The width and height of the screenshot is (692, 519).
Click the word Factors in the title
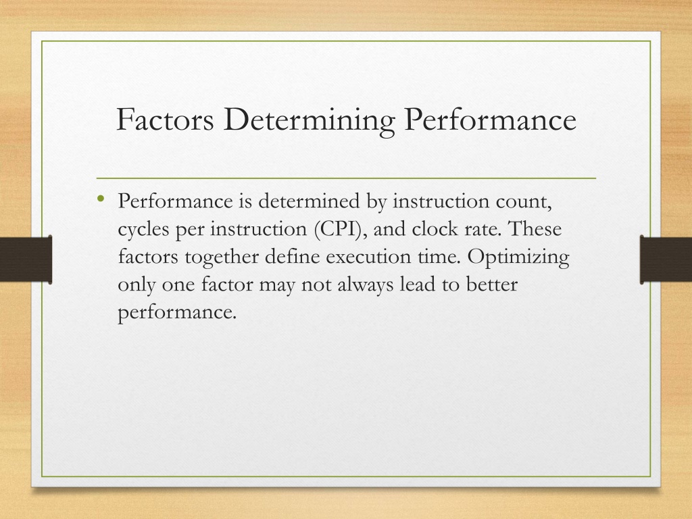coord(165,119)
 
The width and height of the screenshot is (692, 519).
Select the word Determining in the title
coord(309,120)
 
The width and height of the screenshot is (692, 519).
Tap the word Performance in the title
coord(491,119)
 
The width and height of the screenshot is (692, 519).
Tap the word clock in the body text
coord(435,228)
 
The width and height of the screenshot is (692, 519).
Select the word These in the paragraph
coord(535,228)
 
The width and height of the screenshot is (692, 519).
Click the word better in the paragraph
coord(492,285)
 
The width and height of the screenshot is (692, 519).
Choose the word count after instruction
coord(524,202)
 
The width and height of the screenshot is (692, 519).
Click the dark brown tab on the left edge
coord(26,259)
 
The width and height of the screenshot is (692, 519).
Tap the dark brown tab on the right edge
coord(666,259)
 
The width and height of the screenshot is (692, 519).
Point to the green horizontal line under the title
coord(346,178)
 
